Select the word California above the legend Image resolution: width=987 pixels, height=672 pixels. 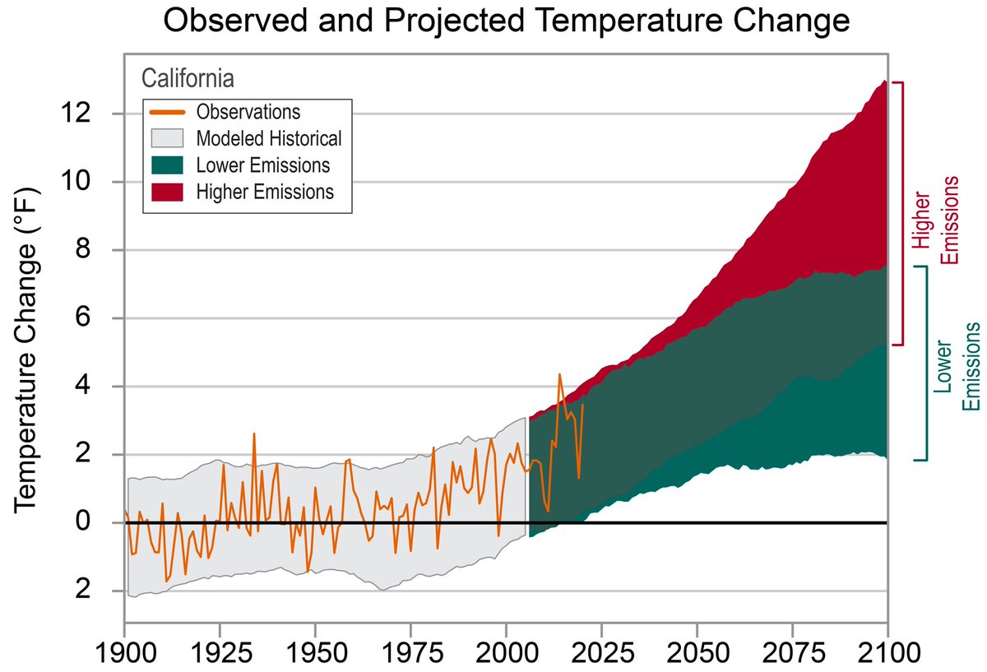tap(188, 78)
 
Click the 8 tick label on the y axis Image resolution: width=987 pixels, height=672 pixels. tap(99, 250)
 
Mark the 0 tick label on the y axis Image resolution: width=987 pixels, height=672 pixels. tap(99, 522)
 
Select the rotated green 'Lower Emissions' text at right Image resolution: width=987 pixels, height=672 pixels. tap(958, 366)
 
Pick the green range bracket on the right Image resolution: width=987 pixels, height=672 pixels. tap(926, 362)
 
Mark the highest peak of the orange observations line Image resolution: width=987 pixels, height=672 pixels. tap(560, 374)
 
